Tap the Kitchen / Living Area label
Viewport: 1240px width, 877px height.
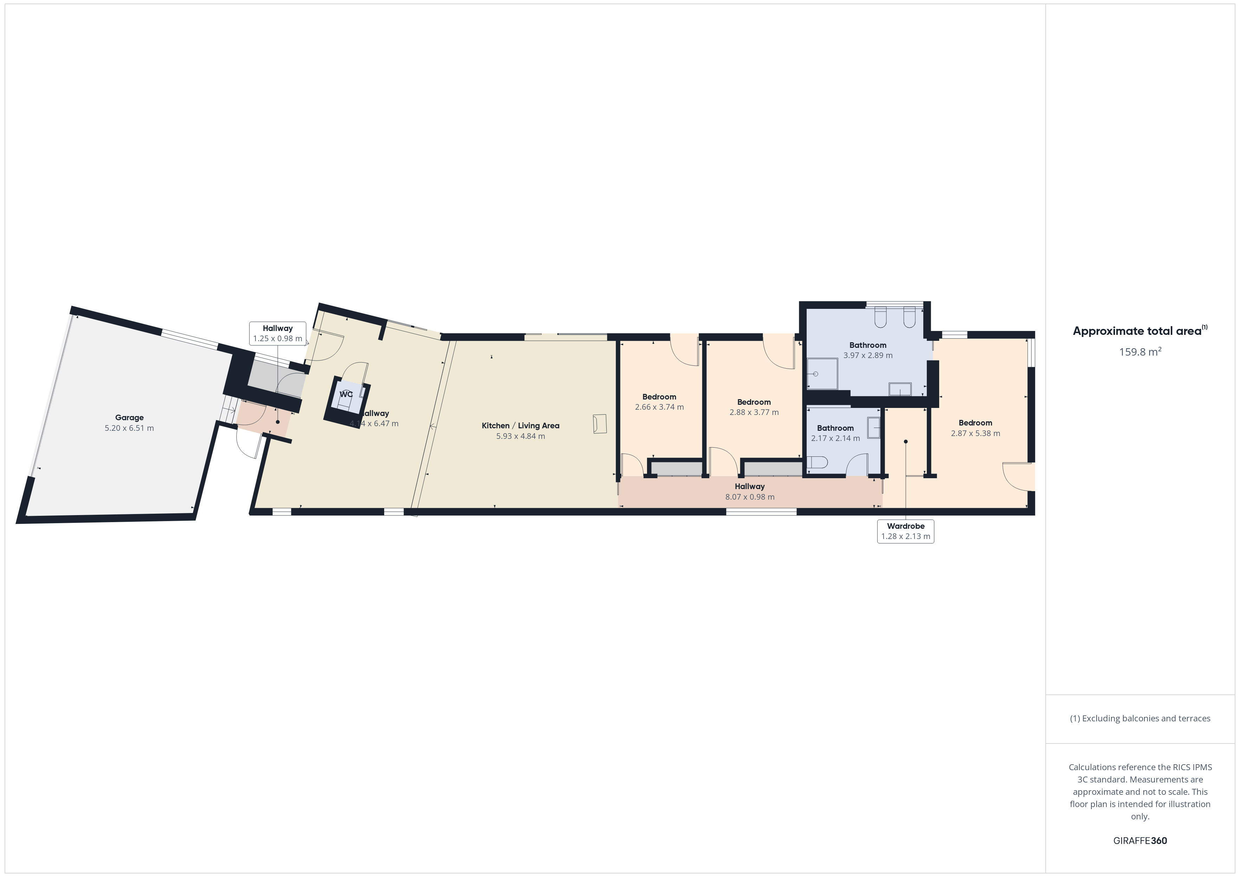(x=520, y=425)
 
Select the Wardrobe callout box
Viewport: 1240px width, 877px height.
(x=906, y=531)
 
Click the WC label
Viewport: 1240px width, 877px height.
(x=345, y=394)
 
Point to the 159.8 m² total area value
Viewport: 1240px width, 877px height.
(x=1140, y=352)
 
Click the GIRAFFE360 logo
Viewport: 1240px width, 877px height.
(x=1140, y=841)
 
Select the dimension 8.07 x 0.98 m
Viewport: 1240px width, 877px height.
(x=750, y=497)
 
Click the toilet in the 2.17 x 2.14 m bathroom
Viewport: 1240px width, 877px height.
(x=817, y=463)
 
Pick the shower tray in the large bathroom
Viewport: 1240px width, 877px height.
(x=822, y=374)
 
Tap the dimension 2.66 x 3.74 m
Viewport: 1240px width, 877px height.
(x=659, y=407)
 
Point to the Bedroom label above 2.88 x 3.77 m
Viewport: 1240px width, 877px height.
(x=754, y=402)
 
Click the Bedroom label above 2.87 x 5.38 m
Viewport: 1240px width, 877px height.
(x=975, y=423)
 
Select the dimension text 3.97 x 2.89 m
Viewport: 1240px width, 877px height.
(x=868, y=355)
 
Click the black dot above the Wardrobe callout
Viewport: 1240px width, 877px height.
(x=906, y=442)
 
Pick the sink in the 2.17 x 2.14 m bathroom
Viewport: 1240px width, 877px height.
(x=874, y=428)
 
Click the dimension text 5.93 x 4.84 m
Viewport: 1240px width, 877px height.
(x=521, y=436)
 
